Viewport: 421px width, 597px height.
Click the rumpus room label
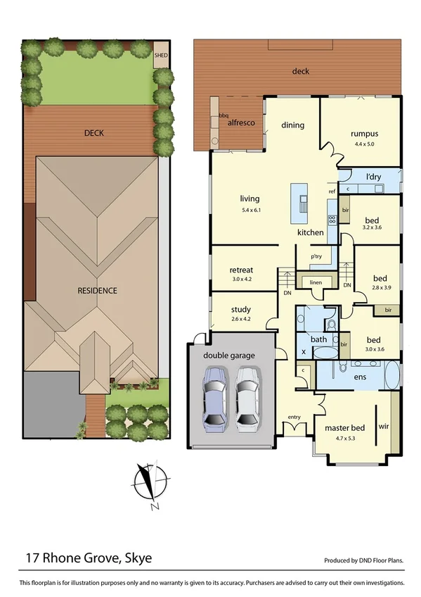tap(364, 134)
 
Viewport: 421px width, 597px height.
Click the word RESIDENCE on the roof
tap(98, 290)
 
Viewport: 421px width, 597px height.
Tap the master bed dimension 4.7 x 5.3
tap(344, 439)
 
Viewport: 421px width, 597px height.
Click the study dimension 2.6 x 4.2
tap(240, 319)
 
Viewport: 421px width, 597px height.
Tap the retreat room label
tap(241, 270)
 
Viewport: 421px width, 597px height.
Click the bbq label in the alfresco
tap(224, 115)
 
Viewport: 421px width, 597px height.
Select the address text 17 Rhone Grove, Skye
tap(89, 558)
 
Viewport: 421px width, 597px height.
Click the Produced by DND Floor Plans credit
tap(364, 561)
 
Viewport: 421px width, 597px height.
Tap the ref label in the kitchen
tap(332, 191)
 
